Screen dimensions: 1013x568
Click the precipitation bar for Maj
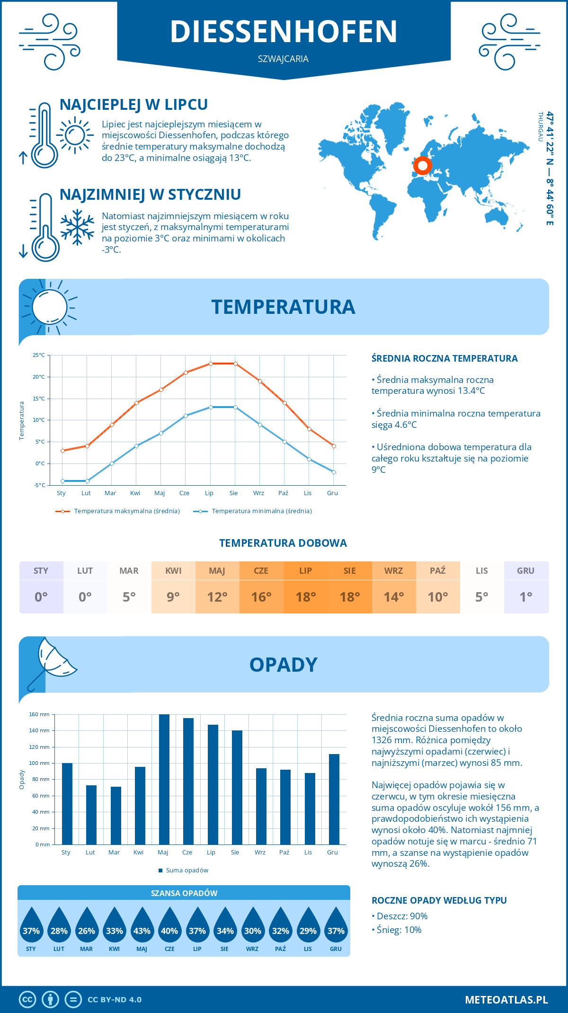pos(164,779)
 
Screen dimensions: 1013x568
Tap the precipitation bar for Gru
pos(334,799)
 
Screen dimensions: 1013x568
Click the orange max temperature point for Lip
pos(211,364)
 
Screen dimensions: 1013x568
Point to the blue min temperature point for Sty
pos(62,481)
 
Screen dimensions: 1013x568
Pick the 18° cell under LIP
pos(305,597)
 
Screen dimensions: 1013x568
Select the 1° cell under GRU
pos(526,597)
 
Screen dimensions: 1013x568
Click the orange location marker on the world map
pos(422,166)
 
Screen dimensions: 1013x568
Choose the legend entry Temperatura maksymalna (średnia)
pos(118,511)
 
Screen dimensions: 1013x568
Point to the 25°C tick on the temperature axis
pos(39,355)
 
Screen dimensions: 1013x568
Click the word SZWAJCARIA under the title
pos(283,59)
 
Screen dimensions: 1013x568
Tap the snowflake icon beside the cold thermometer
pos(77,227)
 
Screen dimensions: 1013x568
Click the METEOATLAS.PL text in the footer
pos(506,1000)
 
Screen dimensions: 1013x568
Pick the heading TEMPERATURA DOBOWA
pos(283,543)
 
